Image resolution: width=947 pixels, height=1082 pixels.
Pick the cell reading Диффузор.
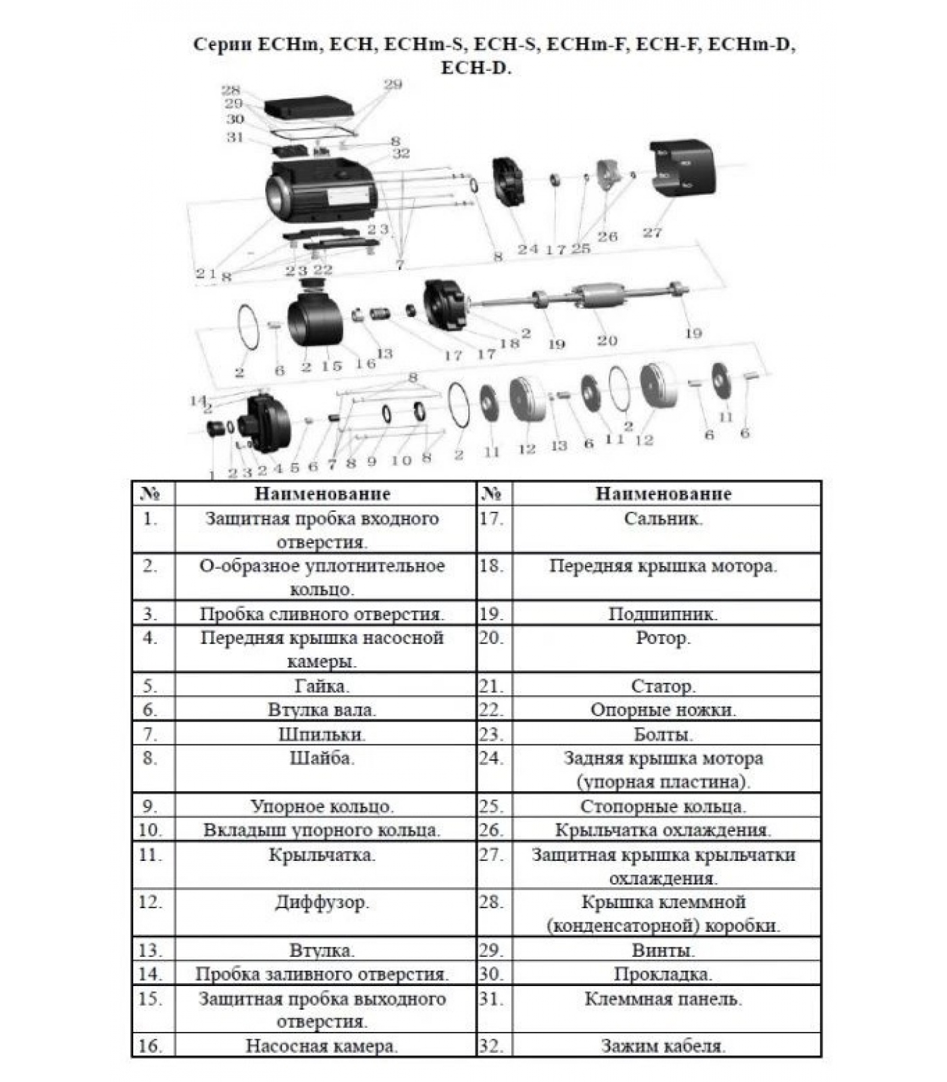pos(322,903)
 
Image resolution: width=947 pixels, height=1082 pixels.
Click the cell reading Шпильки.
pos(322,734)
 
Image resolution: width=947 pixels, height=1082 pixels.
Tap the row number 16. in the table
pos(151,1046)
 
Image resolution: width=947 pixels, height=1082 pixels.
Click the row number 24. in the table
pos(492,759)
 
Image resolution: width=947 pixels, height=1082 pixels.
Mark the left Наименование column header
pos(322,494)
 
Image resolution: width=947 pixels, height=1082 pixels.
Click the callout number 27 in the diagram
pos(652,233)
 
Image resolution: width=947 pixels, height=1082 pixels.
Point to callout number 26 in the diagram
pos(607,236)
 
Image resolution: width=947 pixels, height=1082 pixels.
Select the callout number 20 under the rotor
pos(607,341)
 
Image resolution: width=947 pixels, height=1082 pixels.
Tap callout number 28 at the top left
pos(231,90)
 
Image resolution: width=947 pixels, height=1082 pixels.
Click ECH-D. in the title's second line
pos(476,68)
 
